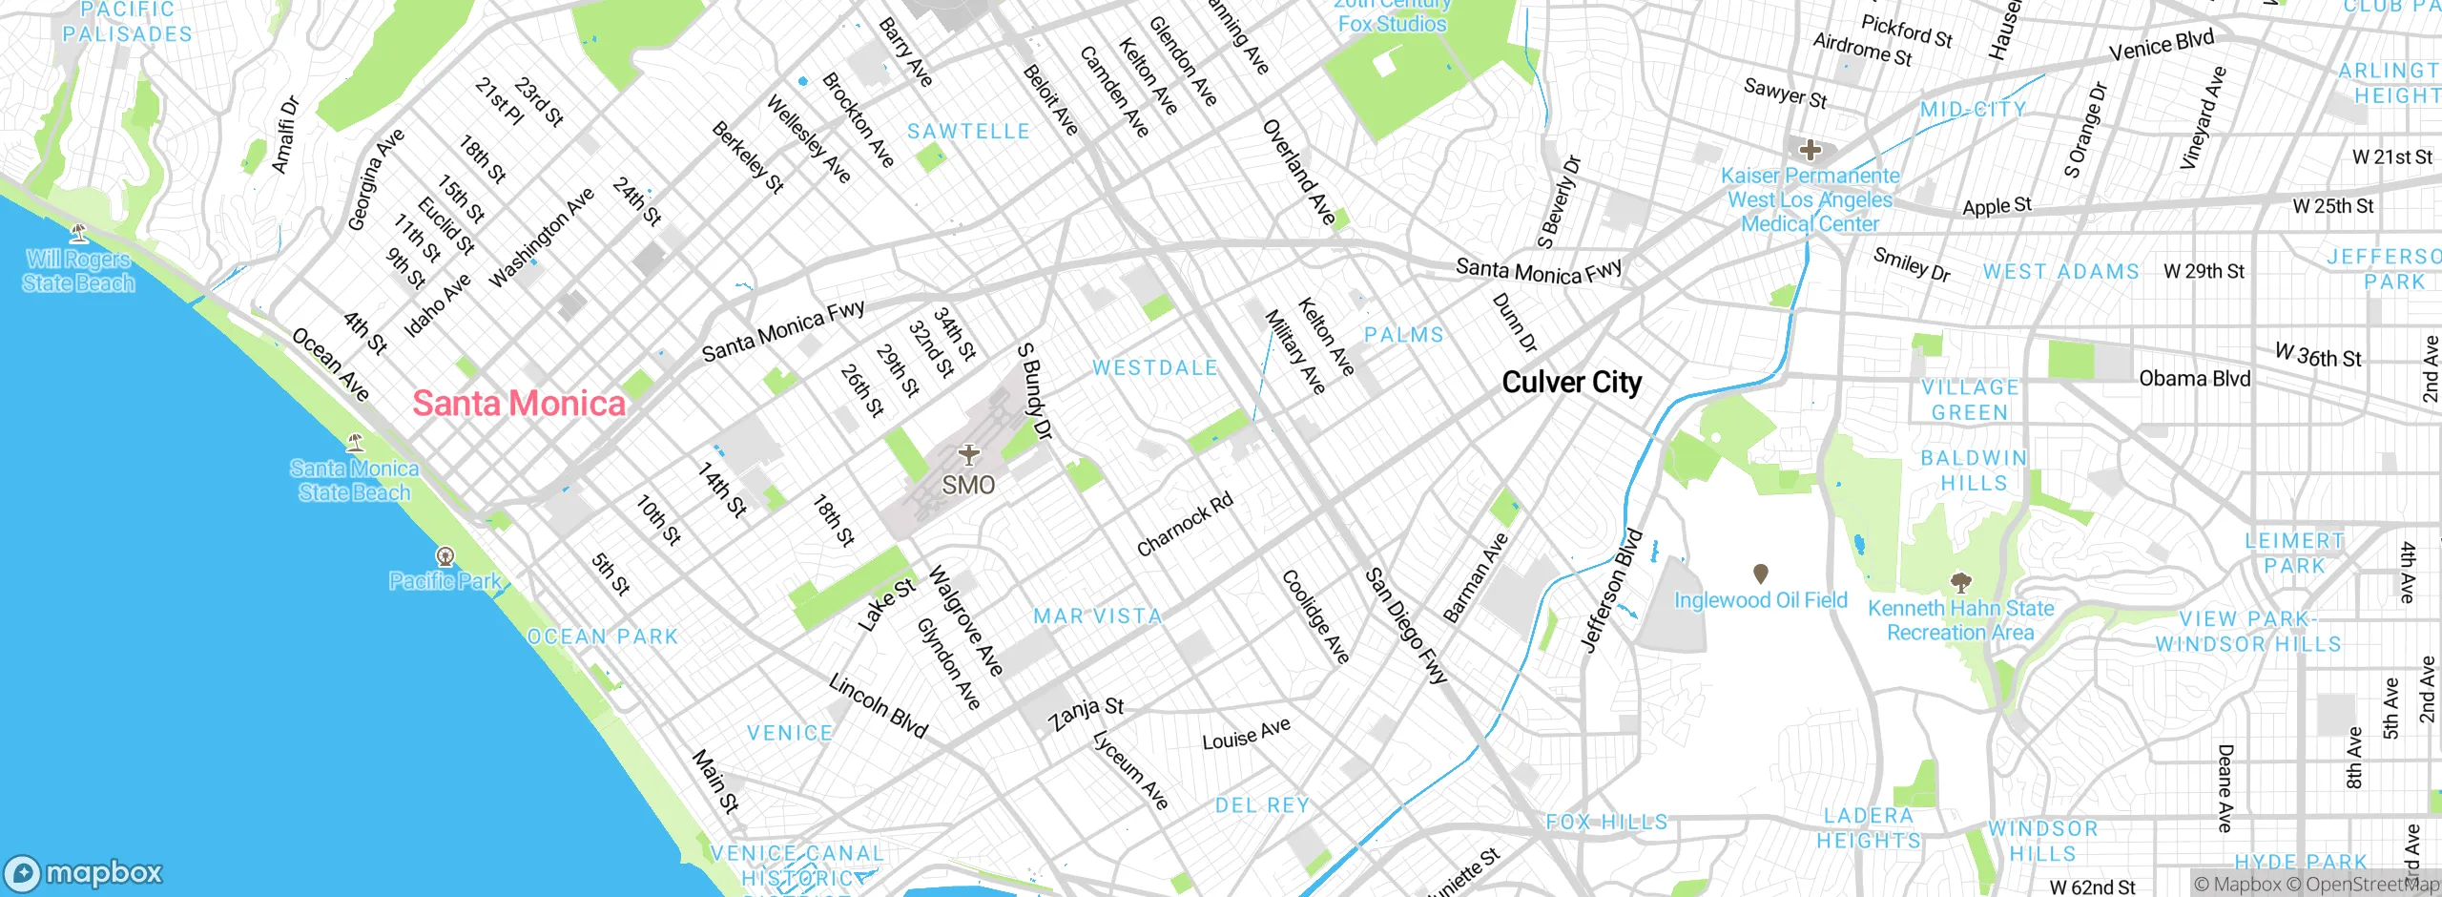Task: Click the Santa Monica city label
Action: [519, 404]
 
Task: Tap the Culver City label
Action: [1571, 383]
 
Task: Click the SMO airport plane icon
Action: [968, 454]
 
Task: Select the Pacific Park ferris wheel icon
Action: [445, 556]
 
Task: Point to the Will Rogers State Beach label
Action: [78, 271]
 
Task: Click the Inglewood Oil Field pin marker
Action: [1761, 574]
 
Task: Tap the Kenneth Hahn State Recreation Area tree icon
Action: [1960, 581]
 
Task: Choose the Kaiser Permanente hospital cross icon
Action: [1810, 150]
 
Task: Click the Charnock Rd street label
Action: [1185, 524]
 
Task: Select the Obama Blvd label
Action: [2194, 379]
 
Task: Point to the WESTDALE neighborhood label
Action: [1154, 367]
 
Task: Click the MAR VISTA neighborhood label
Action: [1098, 616]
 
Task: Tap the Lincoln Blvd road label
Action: [878, 706]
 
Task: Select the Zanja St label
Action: [1086, 713]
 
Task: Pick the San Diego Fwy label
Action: [1406, 626]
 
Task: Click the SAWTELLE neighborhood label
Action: [968, 132]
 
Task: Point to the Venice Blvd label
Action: [2161, 45]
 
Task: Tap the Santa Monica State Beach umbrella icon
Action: [355, 443]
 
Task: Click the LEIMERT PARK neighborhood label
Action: [2294, 553]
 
